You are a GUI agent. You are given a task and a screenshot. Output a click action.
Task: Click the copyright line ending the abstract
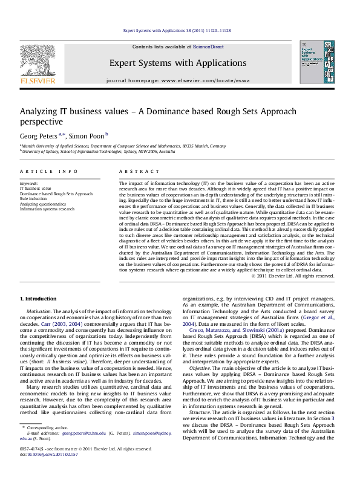pyautogui.click(x=293, y=276)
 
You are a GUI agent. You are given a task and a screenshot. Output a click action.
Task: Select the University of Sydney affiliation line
pyautogui.click(x=74, y=154)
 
